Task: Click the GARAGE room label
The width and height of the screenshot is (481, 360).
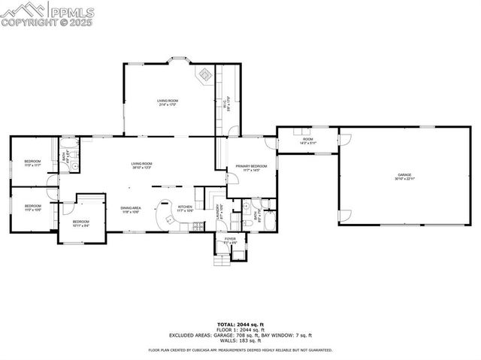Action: tap(405, 177)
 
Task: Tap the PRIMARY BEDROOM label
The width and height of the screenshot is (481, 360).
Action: tap(251, 168)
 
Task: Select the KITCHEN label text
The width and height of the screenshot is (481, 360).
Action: tap(185, 208)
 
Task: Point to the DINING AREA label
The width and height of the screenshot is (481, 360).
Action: tap(131, 210)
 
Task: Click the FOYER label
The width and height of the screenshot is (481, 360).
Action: tap(230, 241)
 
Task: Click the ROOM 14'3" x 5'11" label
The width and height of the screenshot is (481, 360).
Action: tap(308, 141)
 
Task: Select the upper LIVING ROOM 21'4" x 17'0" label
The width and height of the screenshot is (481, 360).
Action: tap(167, 102)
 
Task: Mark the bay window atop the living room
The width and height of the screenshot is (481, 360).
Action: tap(179, 59)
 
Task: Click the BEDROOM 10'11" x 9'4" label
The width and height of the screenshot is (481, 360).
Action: tap(81, 223)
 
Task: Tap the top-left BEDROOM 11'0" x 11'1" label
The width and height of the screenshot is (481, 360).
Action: tap(32, 163)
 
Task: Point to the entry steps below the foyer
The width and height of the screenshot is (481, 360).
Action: tap(222, 259)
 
